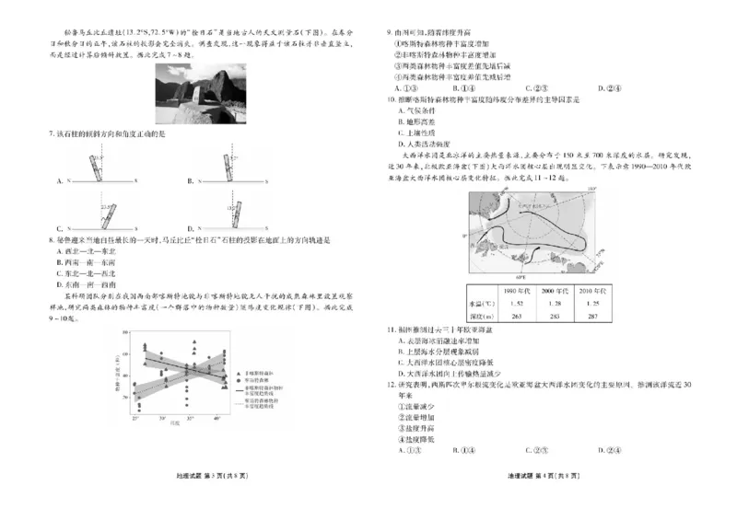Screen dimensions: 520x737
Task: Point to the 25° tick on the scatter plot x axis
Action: [x=135, y=418]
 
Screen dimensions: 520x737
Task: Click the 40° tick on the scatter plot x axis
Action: [x=216, y=418]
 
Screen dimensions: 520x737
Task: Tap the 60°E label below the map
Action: [x=521, y=275]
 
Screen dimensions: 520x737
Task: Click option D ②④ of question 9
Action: [x=607, y=88]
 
